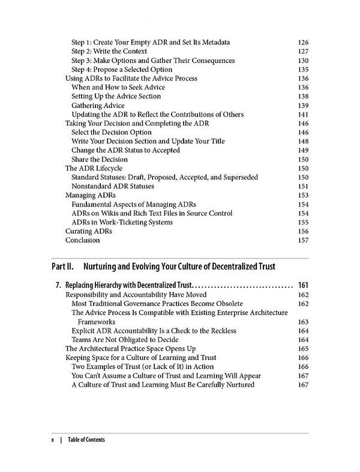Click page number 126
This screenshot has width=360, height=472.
[x=303, y=43]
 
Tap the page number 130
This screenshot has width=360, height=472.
[x=303, y=61]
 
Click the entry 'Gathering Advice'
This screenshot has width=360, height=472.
[x=98, y=106]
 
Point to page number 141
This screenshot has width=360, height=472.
[x=303, y=115]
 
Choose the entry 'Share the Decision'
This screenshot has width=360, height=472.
[x=100, y=160]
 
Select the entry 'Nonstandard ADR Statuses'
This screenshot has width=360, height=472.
[x=117, y=187]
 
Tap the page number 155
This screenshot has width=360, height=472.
[x=303, y=223]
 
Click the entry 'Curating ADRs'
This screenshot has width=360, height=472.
[x=88, y=232]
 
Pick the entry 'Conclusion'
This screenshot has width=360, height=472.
[x=82, y=240]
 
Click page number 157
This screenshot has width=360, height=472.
[x=303, y=240]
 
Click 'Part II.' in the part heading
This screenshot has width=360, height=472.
[x=63, y=265]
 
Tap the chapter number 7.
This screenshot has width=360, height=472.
[x=56, y=285]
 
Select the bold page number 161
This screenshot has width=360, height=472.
[x=302, y=285]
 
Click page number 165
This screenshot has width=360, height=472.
[x=303, y=348]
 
